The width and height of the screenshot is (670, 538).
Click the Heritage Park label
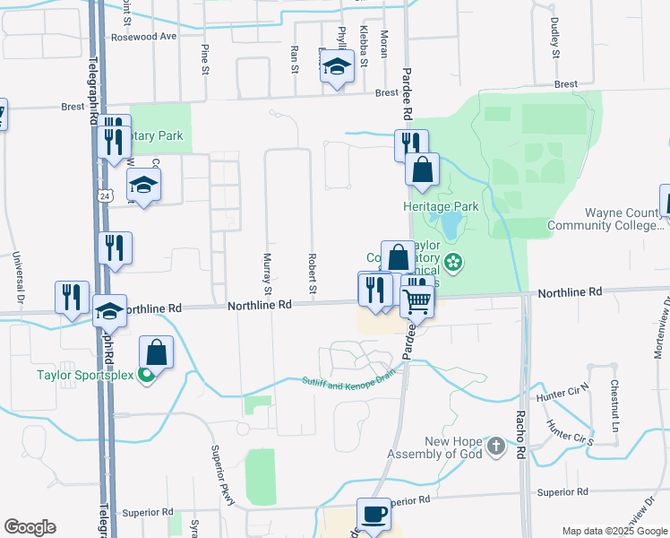click(441, 206)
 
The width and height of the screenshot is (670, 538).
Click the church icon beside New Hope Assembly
click(497, 446)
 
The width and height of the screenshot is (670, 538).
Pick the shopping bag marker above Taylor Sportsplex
click(156, 352)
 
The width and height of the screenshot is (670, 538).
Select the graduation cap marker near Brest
click(337, 68)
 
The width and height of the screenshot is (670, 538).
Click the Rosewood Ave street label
click(143, 38)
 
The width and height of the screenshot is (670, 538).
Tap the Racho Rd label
click(520, 434)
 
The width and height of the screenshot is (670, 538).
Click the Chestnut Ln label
click(614, 404)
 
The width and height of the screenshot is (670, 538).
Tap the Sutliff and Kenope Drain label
click(348, 384)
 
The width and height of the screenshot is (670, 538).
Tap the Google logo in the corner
click(30, 527)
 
